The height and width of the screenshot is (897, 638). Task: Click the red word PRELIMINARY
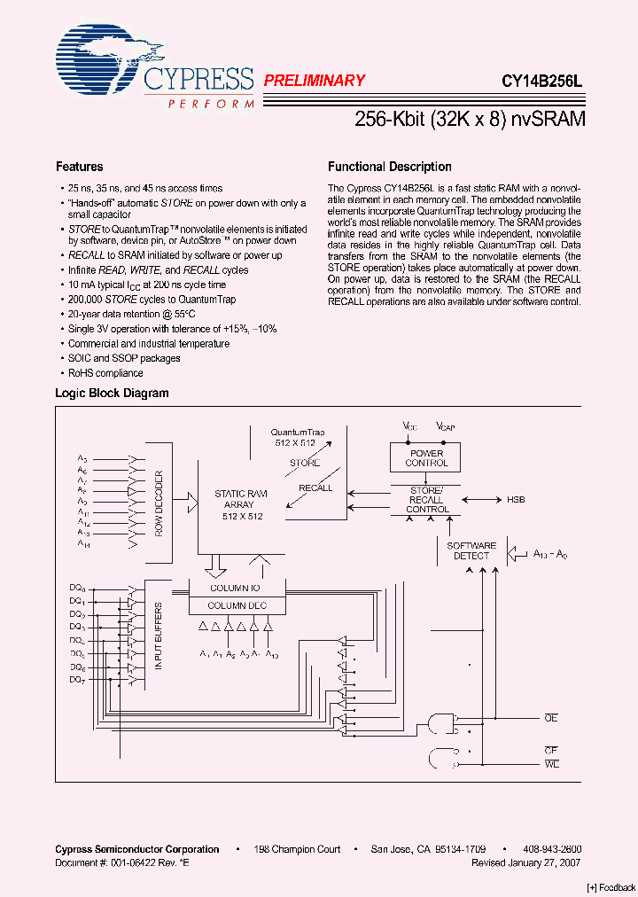[315, 81]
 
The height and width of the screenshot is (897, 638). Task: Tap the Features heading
[79, 167]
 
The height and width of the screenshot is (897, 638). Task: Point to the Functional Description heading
[389, 167]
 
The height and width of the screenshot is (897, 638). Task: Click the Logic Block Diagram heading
[112, 393]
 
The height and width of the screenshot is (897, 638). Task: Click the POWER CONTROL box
[426, 457]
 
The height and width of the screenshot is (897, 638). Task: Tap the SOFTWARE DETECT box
[471, 550]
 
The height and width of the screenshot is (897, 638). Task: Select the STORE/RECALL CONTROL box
[426, 499]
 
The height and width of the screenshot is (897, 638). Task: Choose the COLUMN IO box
[236, 588]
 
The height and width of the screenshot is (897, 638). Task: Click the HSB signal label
[516, 500]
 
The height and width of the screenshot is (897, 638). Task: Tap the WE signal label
[551, 763]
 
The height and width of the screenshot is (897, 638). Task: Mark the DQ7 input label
[77, 679]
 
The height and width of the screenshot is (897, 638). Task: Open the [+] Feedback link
[611, 887]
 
